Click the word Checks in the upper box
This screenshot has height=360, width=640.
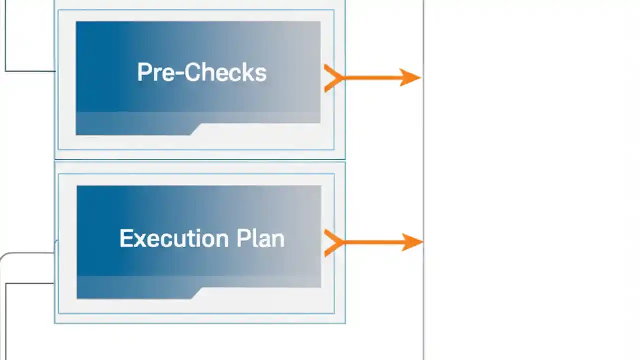pyautogui.click(x=220, y=73)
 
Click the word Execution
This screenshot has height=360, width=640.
pyautogui.click(x=174, y=239)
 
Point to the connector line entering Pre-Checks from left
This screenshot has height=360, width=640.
pyautogui.click(x=30, y=71)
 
